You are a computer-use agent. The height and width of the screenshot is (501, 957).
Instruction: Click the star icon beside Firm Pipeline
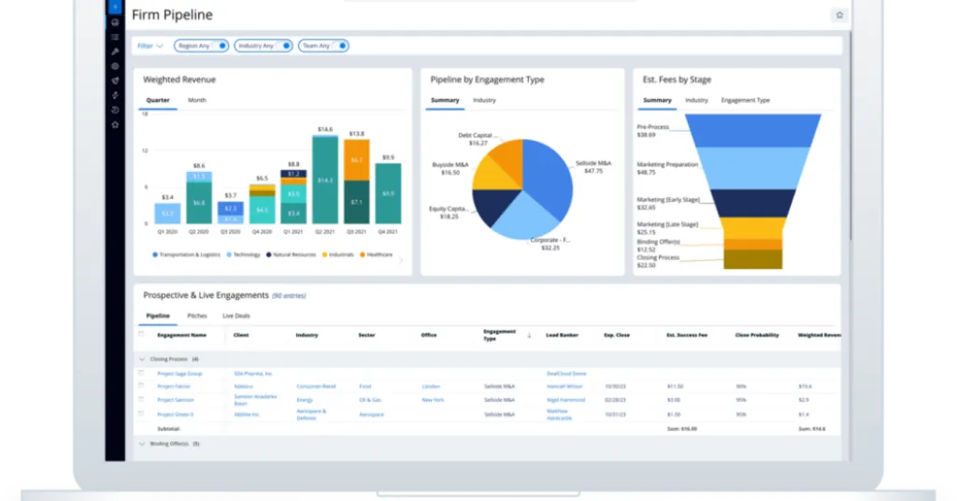click(838, 15)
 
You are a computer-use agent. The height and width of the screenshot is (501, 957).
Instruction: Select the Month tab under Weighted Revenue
click(197, 100)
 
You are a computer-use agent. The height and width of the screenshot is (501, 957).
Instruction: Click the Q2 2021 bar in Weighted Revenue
click(325, 179)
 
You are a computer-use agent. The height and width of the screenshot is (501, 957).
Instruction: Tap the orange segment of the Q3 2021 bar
click(357, 160)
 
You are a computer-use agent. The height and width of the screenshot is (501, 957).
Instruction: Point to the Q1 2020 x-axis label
click(166, 231)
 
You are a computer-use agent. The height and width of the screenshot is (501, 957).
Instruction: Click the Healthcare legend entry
click(378, 254)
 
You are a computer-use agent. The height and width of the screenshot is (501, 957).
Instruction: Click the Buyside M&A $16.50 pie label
click(445, 169)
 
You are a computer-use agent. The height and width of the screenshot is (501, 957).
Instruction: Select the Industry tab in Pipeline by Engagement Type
click(484, 100)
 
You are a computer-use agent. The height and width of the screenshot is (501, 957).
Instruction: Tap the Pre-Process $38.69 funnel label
click(654, 131)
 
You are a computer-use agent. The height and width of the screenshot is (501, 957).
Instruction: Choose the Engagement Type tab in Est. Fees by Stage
click(745, 100)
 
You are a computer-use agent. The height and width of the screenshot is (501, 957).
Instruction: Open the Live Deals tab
click(236, 316)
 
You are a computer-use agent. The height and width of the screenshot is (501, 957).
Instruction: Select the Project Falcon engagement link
click(174, 386)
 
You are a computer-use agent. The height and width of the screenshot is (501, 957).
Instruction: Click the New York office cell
click(432, 400)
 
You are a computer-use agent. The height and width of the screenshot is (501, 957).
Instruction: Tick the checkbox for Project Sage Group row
click(141, 373)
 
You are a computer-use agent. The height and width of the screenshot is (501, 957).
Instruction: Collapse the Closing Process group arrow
click(142, 359)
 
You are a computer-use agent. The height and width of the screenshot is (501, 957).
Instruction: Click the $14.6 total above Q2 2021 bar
click(325, 129)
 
